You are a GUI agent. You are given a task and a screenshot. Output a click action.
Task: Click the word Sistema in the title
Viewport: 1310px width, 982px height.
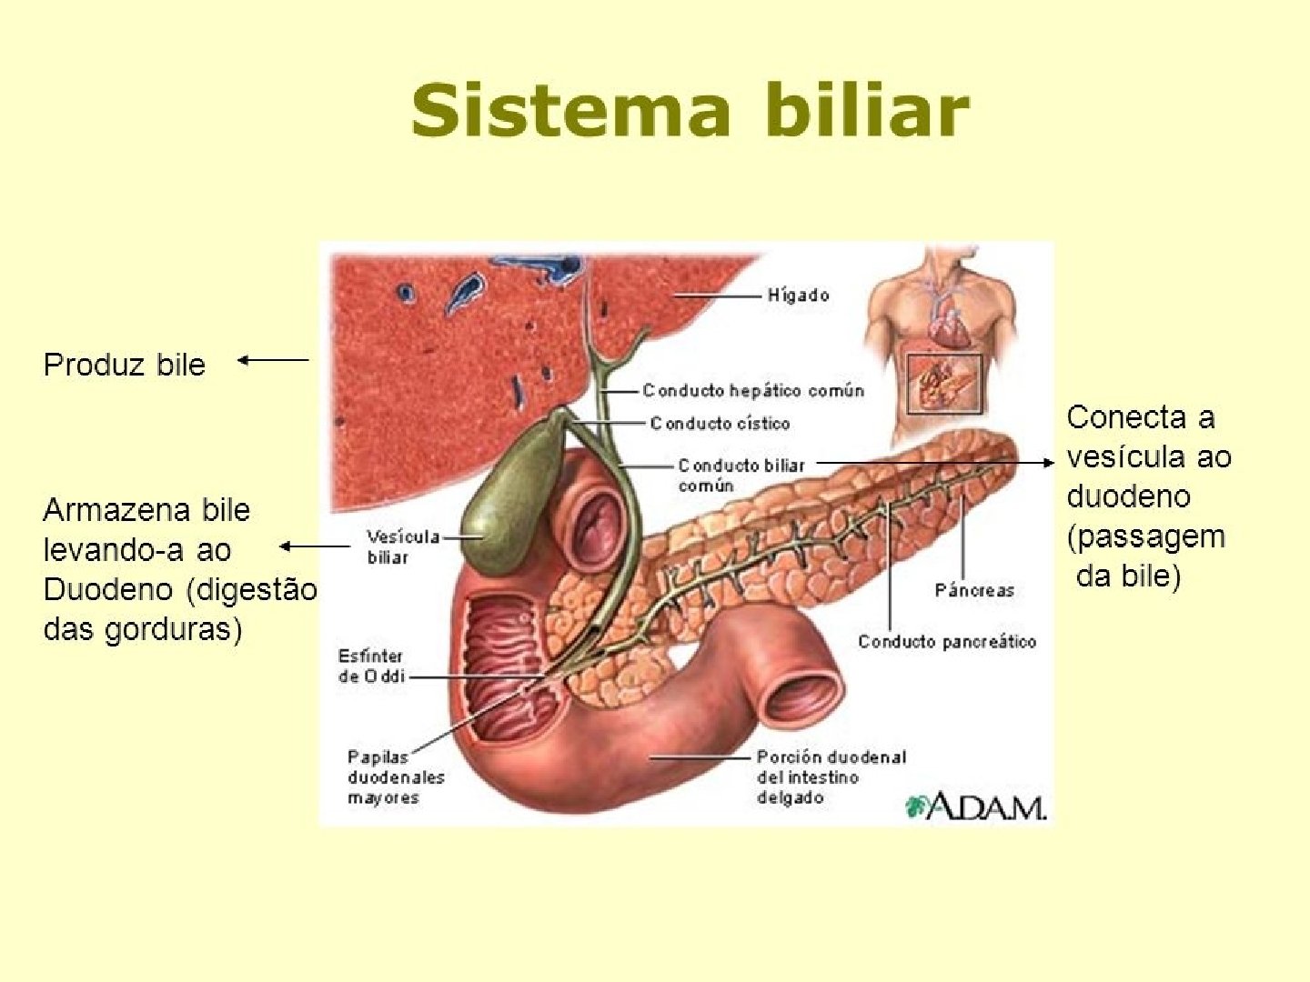570,111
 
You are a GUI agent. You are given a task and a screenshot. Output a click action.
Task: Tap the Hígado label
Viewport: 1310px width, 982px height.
798,296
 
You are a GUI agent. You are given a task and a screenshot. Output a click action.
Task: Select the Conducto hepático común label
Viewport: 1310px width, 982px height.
752,391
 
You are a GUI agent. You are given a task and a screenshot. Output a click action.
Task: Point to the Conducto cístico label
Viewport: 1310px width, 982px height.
720,424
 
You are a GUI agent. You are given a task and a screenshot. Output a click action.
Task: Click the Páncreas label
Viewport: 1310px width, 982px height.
973,591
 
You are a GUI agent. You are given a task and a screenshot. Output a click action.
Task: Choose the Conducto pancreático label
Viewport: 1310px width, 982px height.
946,642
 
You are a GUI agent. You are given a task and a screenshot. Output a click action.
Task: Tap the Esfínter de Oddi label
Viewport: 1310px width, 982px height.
370,666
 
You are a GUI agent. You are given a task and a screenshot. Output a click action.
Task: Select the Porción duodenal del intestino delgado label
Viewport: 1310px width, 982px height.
831,777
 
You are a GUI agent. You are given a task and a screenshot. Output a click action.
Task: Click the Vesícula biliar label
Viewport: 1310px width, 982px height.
402,546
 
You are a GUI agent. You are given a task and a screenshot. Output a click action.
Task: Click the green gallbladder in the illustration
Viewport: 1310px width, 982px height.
509,509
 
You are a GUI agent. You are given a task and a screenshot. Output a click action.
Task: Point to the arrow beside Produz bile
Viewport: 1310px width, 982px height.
273,360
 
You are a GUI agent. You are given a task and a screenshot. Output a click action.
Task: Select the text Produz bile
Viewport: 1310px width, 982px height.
125,365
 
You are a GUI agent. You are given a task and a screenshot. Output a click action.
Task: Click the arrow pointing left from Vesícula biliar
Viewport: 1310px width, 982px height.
314,546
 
